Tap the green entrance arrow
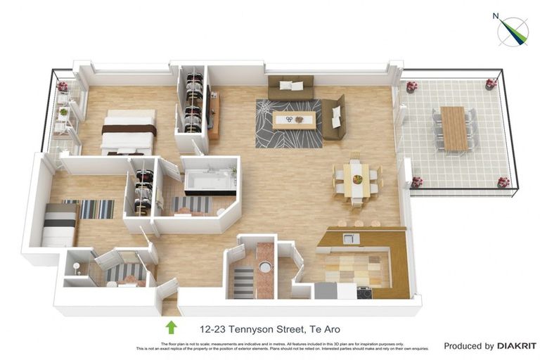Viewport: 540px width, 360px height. [170, 328]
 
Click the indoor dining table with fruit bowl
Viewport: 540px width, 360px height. [357, 179]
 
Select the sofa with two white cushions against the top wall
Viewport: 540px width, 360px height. [290, 86]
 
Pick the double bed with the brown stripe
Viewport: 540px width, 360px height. [128, 131]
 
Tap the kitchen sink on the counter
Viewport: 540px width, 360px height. [351, 239]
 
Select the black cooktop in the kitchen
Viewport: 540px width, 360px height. [364, 292]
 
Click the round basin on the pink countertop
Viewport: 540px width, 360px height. [264, 266]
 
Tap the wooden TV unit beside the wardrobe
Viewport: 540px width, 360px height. [214, 114]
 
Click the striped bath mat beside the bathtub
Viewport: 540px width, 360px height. [191, 205]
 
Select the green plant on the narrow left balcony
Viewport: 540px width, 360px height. [63, 111]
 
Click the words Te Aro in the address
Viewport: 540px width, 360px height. [323, 328]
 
